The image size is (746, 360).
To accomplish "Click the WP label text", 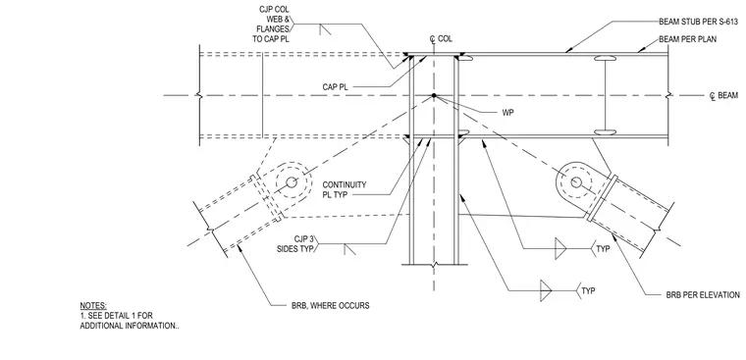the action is (x=508, y=113).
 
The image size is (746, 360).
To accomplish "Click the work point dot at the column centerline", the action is (x=434, y=95).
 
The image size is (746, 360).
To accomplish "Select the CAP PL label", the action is (x=335, y=87).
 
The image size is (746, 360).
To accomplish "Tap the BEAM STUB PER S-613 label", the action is (x=698, y=22).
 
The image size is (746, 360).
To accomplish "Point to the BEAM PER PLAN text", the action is (x=687, y=39).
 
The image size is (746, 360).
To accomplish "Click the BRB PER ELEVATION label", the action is (x=703, y=295).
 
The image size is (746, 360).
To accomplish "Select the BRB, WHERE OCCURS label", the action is (x=330, y=305).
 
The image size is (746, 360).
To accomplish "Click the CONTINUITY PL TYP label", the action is (x=345, y=189).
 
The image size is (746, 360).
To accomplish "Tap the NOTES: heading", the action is (x=93, y=305).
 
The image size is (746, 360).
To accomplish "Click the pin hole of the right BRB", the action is (x=576, y=182).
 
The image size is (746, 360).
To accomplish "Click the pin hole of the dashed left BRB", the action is (x=292, y=182).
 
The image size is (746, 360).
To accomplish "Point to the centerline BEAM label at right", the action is (x=724, y=96).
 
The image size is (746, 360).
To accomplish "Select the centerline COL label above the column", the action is (x=441, y=39).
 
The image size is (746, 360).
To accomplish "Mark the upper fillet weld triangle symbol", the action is (x=560, y=249).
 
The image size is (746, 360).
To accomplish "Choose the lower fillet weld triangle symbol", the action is (x=545, y=289).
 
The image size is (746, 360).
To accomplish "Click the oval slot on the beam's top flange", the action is (x=605, y=59).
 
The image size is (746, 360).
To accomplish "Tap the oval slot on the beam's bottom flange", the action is (x=605, y=132).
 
